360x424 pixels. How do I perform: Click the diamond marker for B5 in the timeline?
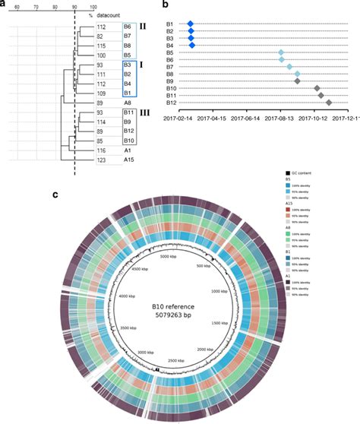281,52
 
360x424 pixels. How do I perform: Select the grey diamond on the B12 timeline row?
329,103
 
